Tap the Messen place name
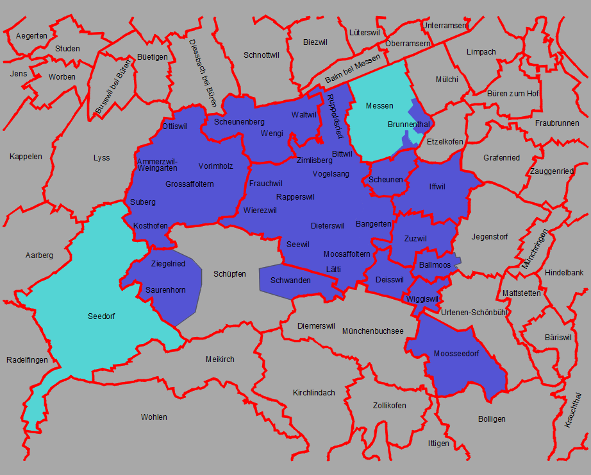(379, 105)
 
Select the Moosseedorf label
(456, 354)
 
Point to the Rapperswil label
(295, 196)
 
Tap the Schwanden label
(290, 281)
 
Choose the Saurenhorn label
(165, 290)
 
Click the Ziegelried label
(168, 264)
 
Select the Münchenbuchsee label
(373, 331)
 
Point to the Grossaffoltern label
(189, 184)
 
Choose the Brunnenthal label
(408, 124)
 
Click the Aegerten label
(31, 36)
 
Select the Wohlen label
(154, 417)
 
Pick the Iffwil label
(437, 187)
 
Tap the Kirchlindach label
(314, 392)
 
